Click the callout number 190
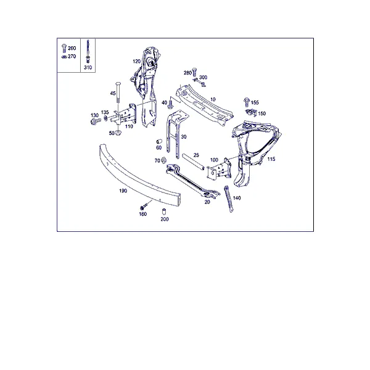[123, 191]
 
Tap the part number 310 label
[88, 67]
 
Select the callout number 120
[137, 61]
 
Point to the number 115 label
[271, 159]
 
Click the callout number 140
[237, 198]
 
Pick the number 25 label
[196, 155]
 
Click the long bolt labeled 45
[118, 92]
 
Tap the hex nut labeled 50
[118, 133]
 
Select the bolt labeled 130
[96, 121]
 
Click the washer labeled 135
[105, 118]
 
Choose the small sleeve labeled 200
[163, 211]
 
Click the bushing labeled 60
[159, 142]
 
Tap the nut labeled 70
[163, 160]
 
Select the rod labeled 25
[193, 162]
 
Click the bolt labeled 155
[247, 102]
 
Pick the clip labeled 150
[251, 113]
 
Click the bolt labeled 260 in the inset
[64, 48]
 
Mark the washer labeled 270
[64, 57]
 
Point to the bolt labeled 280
[194, 72]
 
